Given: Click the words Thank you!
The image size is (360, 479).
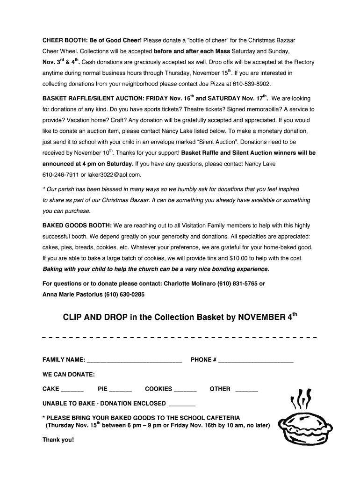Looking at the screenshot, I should pos(58,440).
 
